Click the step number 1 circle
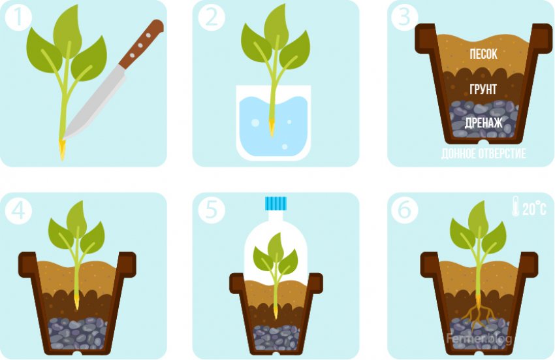coord(18,16)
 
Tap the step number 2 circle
coord(212,16)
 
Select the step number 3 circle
coord(405,16)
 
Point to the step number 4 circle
coord(18,210)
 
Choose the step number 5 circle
coord(212,210)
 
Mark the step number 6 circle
coord(405,210)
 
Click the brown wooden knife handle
coord(141,44)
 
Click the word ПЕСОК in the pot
coord(483,54)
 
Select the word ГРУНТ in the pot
coord(483,90)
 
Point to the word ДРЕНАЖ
coord(483,123)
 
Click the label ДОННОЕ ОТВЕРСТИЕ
coord(483,154)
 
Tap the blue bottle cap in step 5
coord(276,203)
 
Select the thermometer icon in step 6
coord(516,206)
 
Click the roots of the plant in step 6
coord(478,314)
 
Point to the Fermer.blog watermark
coord(479,338)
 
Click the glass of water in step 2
coord(273,123)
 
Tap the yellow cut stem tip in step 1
coord(62,150)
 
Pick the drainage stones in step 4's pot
coord(78,333)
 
